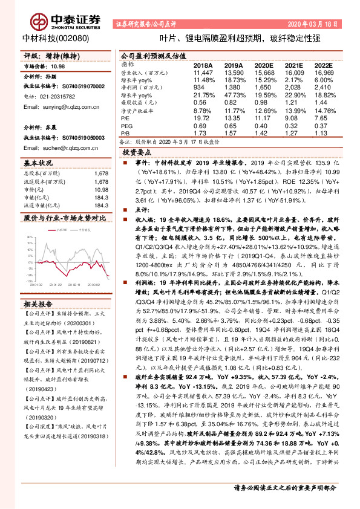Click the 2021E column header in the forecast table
293,64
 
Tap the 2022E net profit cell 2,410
322,87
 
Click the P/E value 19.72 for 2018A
200,118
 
